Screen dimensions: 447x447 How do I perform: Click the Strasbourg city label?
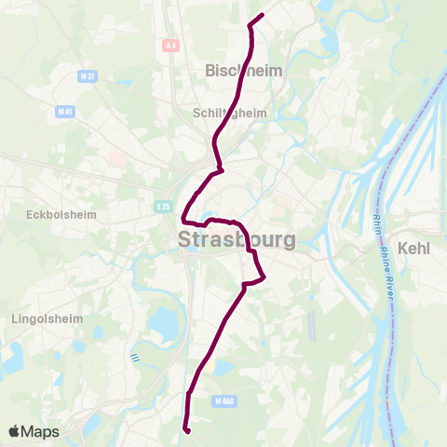[x=237, y=239]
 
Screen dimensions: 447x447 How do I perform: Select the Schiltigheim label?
[x=229, y=113]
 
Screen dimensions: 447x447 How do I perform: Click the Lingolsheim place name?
[x=47, y=318]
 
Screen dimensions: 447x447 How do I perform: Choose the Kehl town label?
[x=414, y=249]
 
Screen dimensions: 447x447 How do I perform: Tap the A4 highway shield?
[x=169, y=44]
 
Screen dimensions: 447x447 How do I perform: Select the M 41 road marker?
[x=64, y=112]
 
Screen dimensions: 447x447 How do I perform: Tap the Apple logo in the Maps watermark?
[x=15, y=432]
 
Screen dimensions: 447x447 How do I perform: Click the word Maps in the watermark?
[x=41, y=432]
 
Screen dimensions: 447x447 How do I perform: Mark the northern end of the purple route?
[x=264, y=14]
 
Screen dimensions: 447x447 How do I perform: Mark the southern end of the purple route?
[x=188, y=431]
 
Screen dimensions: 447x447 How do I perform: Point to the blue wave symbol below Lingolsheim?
[x=135, y=357]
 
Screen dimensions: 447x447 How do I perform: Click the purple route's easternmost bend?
[x=265, y=277]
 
